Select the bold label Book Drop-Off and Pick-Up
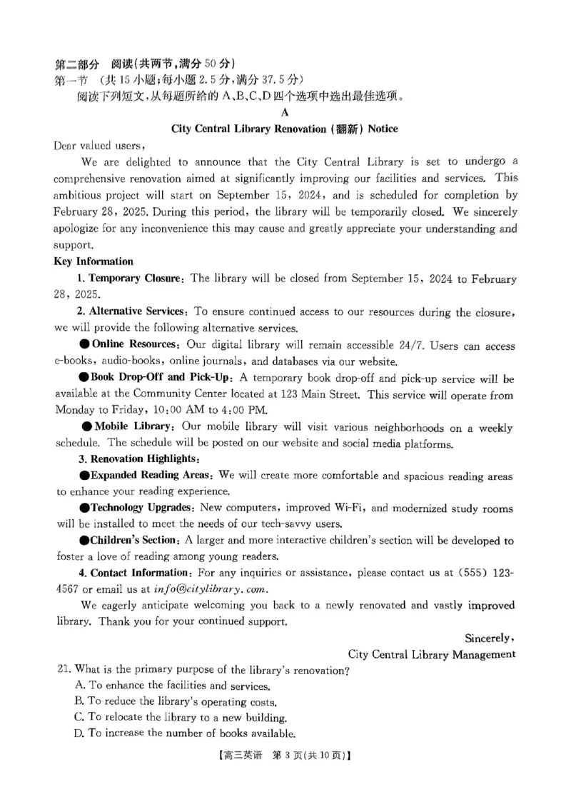[x=162, y=378]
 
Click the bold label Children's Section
[x=133, y=541]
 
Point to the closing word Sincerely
[x=489, y=638]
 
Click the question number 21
[x=62, y=671]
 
